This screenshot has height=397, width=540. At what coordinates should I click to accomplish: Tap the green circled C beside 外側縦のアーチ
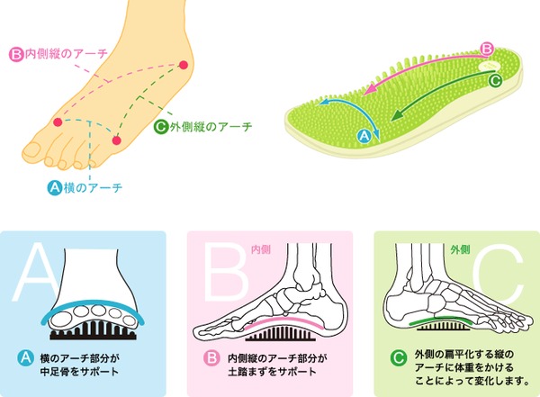(161, 127)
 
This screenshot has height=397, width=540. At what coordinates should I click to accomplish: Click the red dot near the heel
(184, 65)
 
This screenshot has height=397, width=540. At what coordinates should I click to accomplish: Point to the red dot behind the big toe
(58, 122)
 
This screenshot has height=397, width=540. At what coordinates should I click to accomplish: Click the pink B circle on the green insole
(486, 49)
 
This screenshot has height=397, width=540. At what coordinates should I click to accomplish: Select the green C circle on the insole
(494, 80)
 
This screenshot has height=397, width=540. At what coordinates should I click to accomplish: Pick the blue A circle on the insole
(364, 135)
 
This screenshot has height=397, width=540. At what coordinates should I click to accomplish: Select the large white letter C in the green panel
(499, 275)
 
